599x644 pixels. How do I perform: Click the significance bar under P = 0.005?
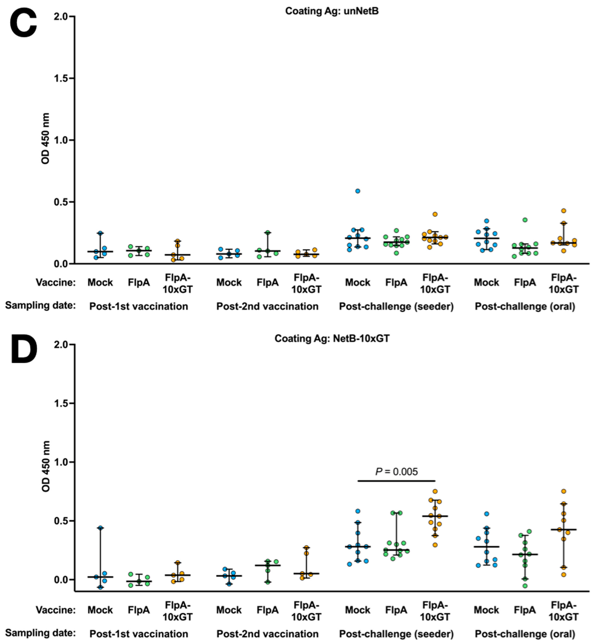coord(396,481)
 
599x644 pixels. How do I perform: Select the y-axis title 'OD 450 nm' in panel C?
coord(46,139)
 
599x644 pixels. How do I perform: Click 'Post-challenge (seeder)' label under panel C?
coord(396,307)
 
